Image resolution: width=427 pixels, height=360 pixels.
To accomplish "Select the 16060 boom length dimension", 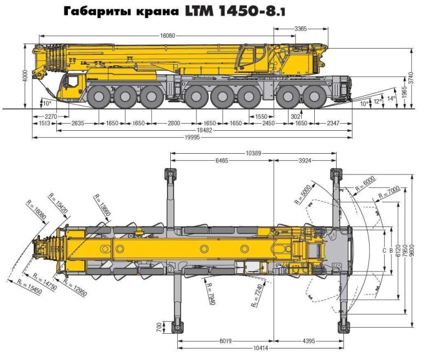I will (x=168, y=35).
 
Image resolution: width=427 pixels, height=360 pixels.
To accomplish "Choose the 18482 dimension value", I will (x=190, y=130).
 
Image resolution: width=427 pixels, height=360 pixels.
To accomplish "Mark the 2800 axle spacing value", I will (x=174, y=124).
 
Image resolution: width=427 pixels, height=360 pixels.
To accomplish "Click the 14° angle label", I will (x=391, y=98).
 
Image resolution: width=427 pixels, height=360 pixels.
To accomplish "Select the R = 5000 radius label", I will (x=303, y=194).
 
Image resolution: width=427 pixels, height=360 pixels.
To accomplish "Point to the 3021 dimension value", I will (x=296, y=117).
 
